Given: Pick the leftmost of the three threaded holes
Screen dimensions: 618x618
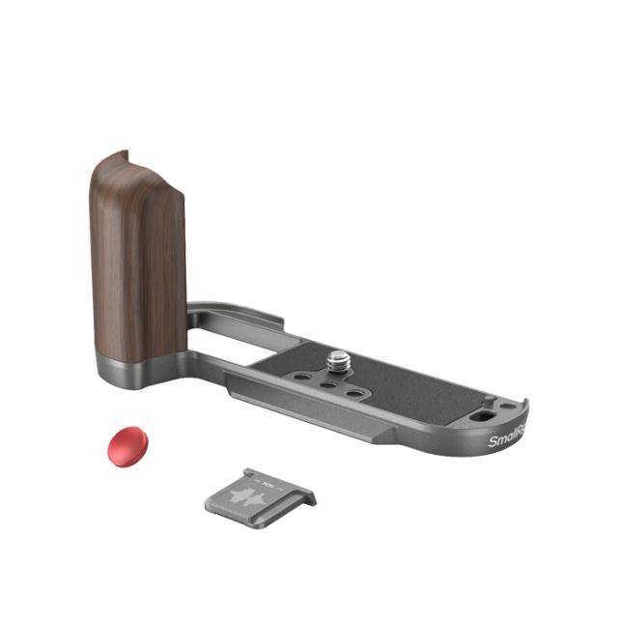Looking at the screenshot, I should (x=307, y=378).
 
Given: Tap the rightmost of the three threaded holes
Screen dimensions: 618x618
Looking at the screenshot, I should (x=355, y=394).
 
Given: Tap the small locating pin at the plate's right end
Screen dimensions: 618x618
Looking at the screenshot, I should (x=489, y=396).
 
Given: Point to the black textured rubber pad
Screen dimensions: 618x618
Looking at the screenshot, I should (x=406, y=386).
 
